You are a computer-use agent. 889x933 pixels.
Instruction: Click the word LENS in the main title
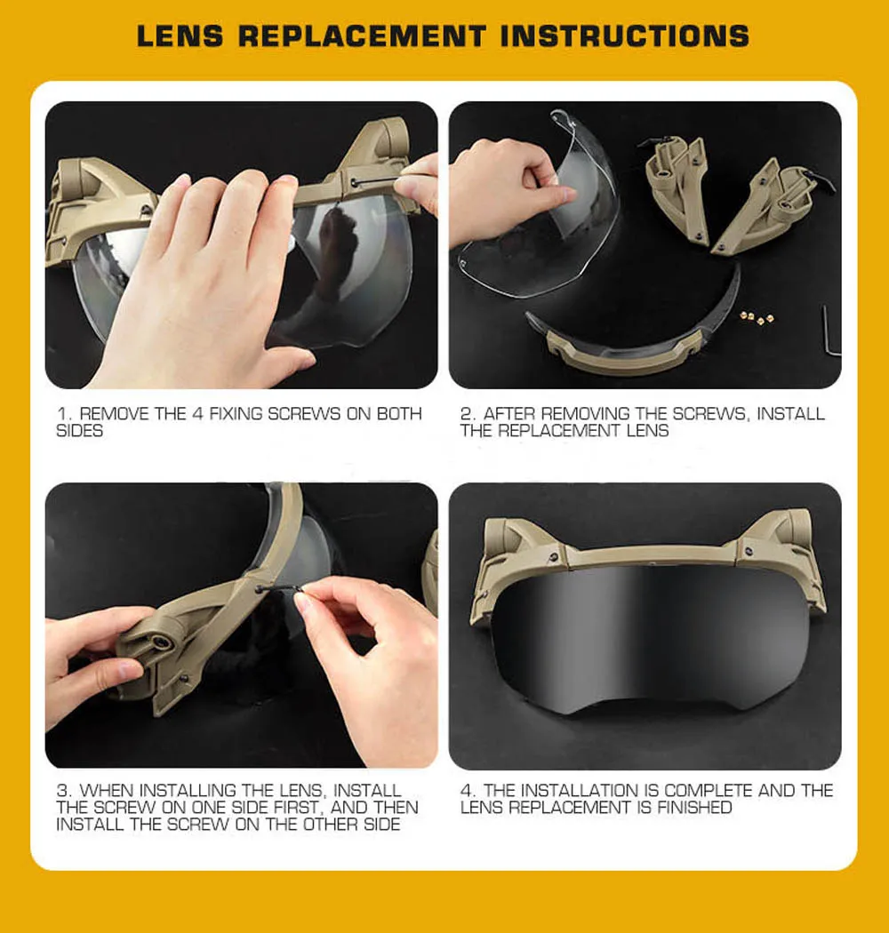tap(180, 36)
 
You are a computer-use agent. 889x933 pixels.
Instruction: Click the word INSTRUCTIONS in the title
tap(625, 36)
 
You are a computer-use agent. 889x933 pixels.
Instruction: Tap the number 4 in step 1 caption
tap(197, 413)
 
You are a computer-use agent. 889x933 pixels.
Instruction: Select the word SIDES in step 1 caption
tap(79, 431)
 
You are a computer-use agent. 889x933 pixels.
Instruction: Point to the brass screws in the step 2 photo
tap(757, 318)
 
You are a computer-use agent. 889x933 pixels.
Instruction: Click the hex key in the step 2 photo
tap(830, 331)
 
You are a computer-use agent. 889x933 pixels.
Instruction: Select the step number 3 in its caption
tap(62, 791)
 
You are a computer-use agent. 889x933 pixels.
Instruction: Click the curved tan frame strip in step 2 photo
tap(625, 352)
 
